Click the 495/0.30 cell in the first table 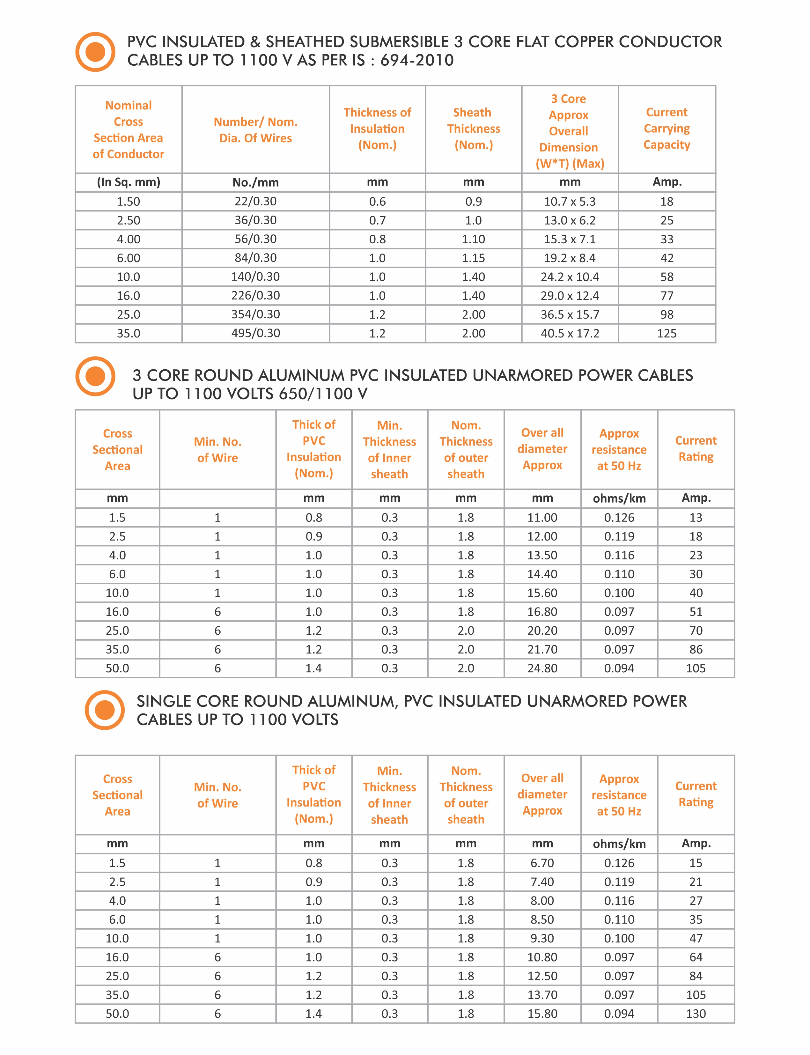tap(255, 333)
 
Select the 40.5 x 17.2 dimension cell tap(570, 333)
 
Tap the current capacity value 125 tap(667, 333)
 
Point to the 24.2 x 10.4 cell tap(570, 277)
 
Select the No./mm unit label tap(255, 182)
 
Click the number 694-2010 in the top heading tap(417, 60)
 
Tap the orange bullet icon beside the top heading tap(95, 52)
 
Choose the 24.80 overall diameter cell tap(542, 668)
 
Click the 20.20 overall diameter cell tap(542, 631)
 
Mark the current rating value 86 tap(696, 650)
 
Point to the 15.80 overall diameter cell tap(542, 1014)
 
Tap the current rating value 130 tap(696, 1014)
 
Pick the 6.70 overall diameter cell tap(542, 863)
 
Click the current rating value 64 tap(696, 957)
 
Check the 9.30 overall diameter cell tap(542, 938)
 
